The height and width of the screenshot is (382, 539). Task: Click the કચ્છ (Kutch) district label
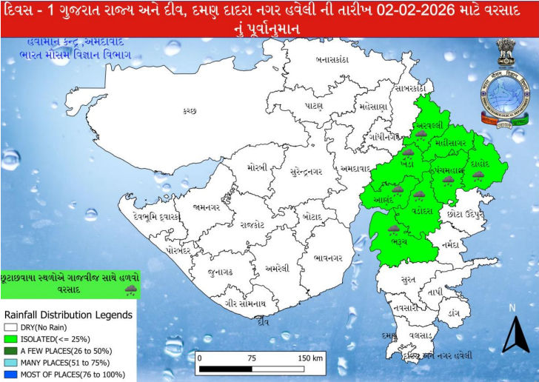coord(190,110)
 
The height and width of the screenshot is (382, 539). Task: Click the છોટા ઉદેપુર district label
coord(466,213)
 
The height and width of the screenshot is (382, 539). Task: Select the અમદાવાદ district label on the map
coord(355,167)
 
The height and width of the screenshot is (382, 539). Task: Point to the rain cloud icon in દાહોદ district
coord(478,175)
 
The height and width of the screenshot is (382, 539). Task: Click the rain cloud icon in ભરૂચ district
coord(393,229)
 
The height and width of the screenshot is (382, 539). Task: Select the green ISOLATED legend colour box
coord(10,338)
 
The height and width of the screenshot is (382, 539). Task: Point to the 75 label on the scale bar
coord(252,358)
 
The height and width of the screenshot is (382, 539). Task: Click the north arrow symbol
coord(514,332)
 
